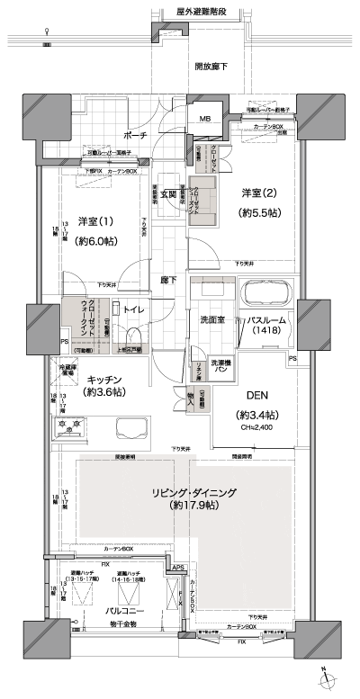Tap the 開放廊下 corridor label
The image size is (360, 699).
tap(211, 67)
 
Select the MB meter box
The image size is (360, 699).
tap(204, 117)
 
